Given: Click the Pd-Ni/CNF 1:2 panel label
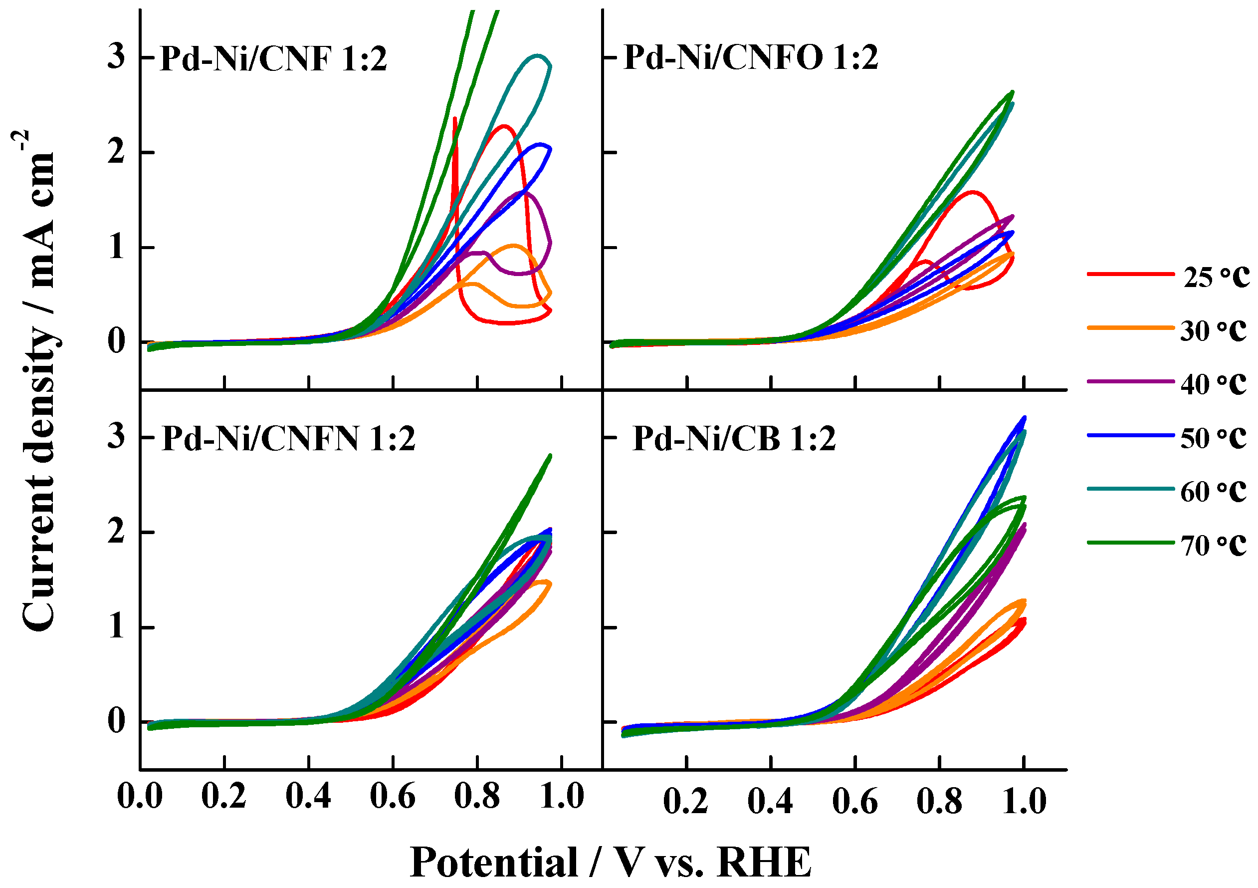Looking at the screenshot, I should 273,59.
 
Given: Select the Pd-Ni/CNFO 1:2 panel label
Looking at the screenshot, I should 751,57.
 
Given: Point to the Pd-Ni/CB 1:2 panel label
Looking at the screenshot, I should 734,439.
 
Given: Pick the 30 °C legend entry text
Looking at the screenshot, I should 1213,330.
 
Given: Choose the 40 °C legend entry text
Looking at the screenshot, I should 1213,384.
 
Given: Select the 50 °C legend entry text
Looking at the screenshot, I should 1213,437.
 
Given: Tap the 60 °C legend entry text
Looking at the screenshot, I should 1213,491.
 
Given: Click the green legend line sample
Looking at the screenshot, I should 1130,543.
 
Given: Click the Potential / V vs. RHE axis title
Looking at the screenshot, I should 611,862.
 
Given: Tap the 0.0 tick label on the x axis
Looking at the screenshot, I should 140,796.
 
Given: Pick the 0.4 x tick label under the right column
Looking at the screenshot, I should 770,801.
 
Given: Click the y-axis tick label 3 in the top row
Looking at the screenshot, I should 116,57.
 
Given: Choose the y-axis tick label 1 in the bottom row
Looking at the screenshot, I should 116,626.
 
